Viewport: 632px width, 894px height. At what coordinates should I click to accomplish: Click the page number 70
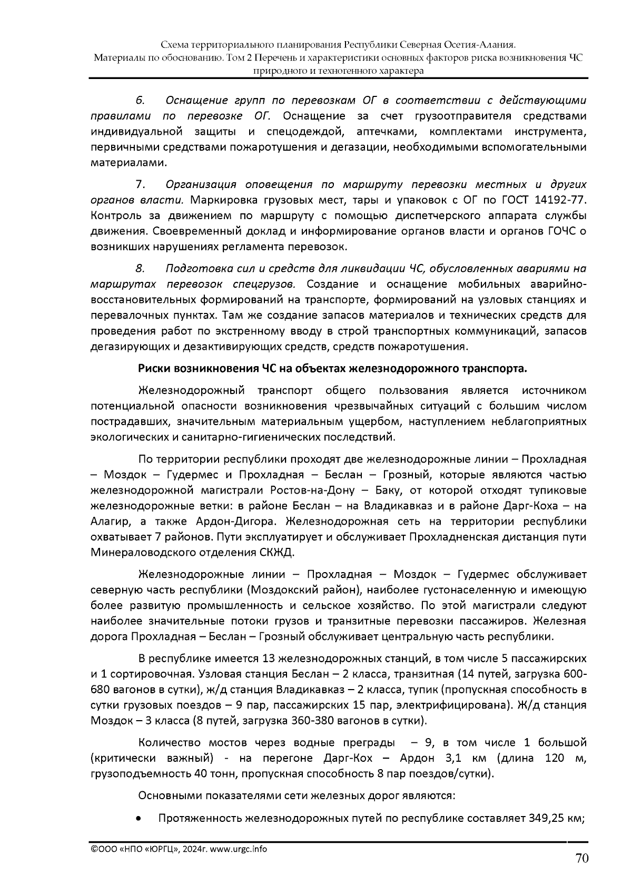click(x=581, y=859)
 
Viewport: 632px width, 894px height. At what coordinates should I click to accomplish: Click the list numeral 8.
click(x=140, y=269)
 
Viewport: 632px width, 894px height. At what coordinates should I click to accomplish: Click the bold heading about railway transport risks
click(x=332, y=368)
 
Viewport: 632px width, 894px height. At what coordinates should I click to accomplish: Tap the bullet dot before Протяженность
click(x=139, y=819)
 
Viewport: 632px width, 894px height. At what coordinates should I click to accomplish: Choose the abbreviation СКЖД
click(x=277, y=553)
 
